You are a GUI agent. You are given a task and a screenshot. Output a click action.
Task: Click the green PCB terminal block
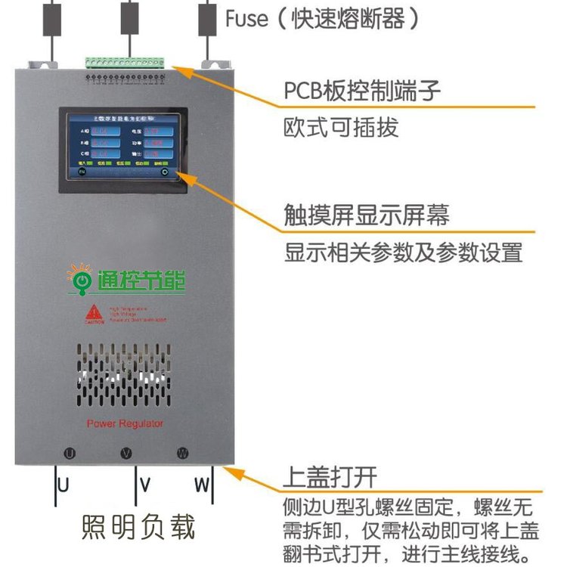pyautogui.click(x=124, y=61)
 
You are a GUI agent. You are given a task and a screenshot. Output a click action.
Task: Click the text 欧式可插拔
pyautogui.click(x=341, y=127)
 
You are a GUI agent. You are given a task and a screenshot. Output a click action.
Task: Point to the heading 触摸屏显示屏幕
pyautogui.click(x=367, y=215)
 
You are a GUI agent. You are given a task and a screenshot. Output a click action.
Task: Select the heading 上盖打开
pyautogui.click(x=330, y=477)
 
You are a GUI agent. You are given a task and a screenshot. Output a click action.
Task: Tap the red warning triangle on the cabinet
pyautogui.click(x=93, y=312)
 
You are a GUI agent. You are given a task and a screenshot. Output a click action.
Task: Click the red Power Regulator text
pyautogui.click(x=125, y=424)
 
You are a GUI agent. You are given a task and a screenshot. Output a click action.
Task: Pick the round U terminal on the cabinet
pyautogui.click(x=69, y=454)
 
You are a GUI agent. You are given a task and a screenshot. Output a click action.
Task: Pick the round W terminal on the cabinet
pyautogui.click(x=182, y=454)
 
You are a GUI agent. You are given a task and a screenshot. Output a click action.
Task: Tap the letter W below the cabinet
pyautogui.click(x=201, y=485)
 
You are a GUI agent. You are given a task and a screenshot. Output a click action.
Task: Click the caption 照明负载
pyautogui.click(x=138, y=527)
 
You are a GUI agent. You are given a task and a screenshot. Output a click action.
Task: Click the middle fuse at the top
pyautogui.click(x=129, y=17)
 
